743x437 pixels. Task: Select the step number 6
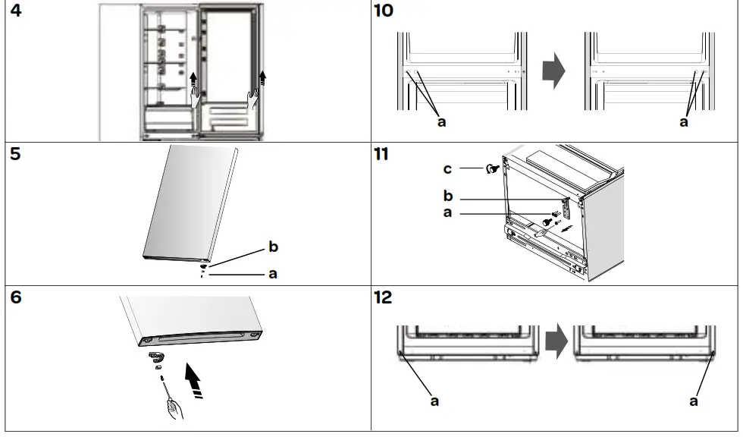pos(16,297)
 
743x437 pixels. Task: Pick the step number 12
pos(384,297)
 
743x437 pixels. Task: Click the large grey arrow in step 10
pos(554,71)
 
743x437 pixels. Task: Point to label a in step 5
pos(273,275)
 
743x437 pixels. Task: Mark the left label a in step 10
pos(441,122)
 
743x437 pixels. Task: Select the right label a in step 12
pos(694,401)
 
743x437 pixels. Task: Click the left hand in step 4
pos(196,98)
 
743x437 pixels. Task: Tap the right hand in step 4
pos(254,99)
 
